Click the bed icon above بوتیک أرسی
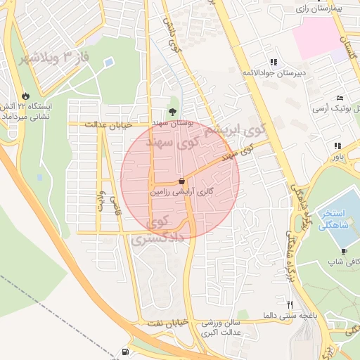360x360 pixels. [340, 98]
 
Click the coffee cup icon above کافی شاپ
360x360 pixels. [344, 251]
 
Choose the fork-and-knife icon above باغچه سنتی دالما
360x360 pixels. [290, 304]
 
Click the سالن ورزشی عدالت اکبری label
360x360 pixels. [222, 328]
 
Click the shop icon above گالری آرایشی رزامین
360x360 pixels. [182, 181]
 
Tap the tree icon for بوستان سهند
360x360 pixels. [172, 111]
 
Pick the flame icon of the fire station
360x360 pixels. [26, 96]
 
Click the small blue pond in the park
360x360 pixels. [109, 63]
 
